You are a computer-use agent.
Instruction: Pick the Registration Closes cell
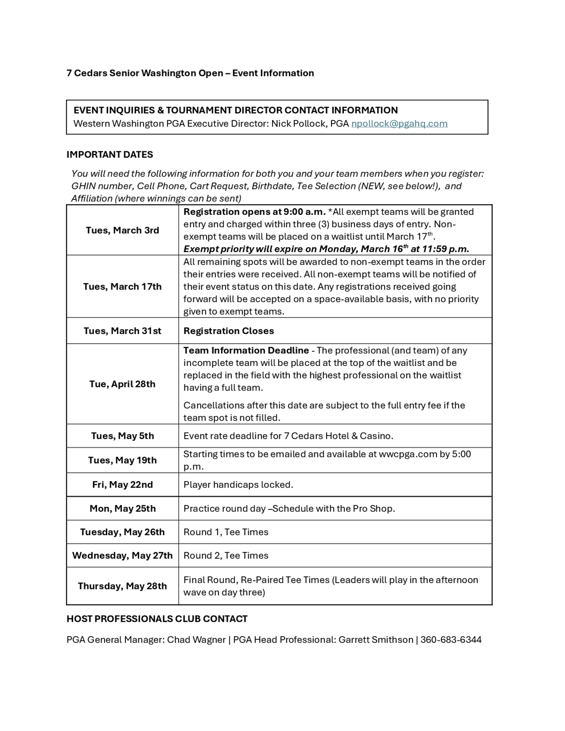coord(229,331)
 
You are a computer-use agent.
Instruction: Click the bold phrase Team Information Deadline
coord(246,351)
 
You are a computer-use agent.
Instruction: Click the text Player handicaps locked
coord(238,485)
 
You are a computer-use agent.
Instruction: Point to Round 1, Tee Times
coord(226,532)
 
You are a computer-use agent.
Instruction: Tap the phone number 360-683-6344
coord(451,639)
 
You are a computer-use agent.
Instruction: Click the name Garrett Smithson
coord(375,639)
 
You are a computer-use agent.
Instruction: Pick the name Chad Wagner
coord(196,639)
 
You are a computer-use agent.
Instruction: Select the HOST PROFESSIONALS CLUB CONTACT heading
coord(157,619)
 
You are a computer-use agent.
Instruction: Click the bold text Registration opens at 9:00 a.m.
coord(254,212)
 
